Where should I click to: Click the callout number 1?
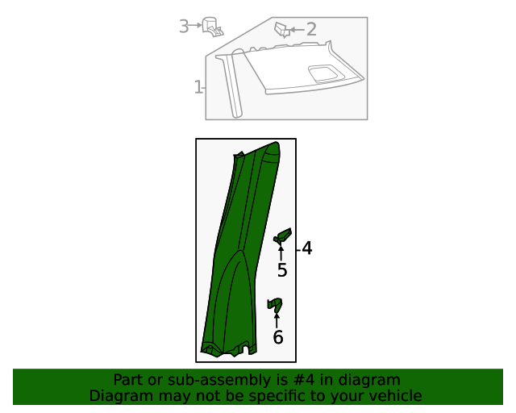198,87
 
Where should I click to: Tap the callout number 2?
311,30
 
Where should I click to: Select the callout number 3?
184,27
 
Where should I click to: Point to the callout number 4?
306,248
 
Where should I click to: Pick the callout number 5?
281,270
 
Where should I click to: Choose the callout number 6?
277,337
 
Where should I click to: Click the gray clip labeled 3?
213,27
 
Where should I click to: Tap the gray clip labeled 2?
281,30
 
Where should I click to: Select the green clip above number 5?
282,236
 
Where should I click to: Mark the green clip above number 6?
276,305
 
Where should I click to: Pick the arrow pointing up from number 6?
277,319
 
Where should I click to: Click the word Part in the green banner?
128,380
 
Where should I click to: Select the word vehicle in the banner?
394,396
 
